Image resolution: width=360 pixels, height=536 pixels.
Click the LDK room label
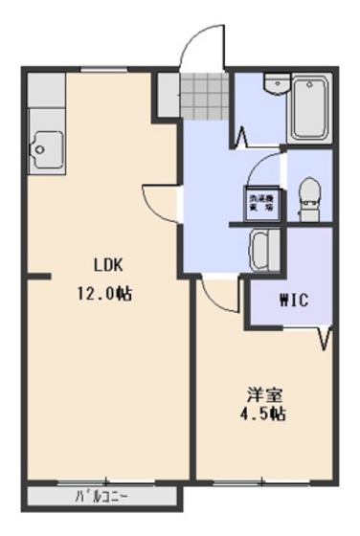click(x=107, y=265)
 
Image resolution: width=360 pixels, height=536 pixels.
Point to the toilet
click(x=308, y=194)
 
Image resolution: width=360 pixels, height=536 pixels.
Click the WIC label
click(x=293, y=300)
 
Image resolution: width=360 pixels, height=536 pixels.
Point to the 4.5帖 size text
click(x=260, y=415)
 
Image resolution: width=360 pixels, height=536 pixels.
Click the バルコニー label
click(x=103, y=497)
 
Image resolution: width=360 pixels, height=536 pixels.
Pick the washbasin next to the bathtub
click(x=277, y=83)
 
